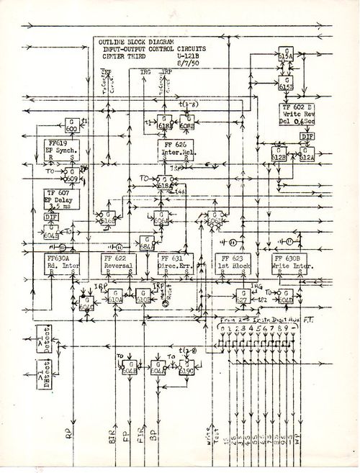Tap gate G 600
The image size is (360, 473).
71,124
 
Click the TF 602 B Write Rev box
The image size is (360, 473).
299,114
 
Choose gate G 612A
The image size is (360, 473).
308,152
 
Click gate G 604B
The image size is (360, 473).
129,369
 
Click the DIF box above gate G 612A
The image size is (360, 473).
306,136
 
